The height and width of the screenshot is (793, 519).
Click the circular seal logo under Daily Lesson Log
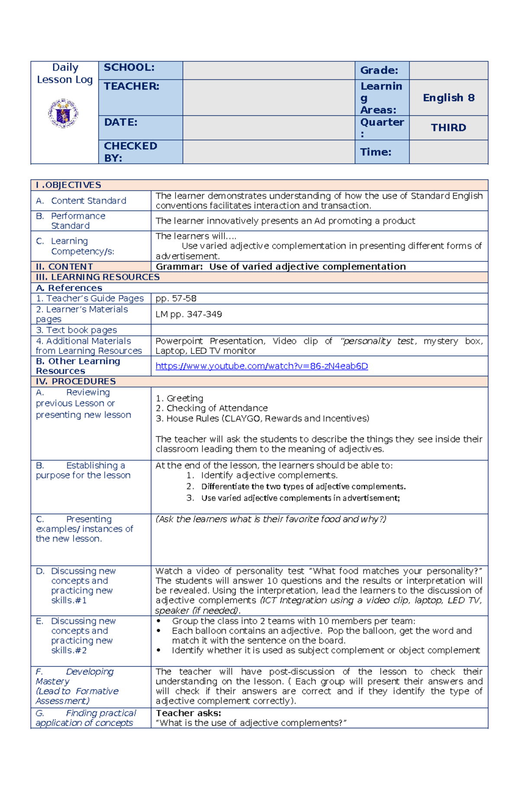pyautogui.click(x=63, y=113)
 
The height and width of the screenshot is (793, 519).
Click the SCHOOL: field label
pyautogui.click(x=129, y=67)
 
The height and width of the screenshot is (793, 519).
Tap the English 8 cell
pyautogui.click(x=449, y=98)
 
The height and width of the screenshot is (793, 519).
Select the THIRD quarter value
pyautogui.click(x=449, y=127)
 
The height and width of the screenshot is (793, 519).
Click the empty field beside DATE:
pyautogui.click(x=269, y=127)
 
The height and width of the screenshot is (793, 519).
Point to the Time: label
pyautogui.click(x=375, y=152)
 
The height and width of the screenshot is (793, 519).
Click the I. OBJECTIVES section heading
pyautogui.click(x=68, y=185)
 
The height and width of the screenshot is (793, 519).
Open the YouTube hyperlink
pyautogui.click(x=262, y=366)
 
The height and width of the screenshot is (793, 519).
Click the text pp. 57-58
pyautogui.click(x=176, y=298)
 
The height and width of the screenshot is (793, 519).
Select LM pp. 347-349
pyautogui.click(x=189, y=314)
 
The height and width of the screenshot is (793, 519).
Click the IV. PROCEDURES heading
pyautogui.click(x=76, y=381)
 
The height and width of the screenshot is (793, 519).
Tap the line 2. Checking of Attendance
pyautogui.click(x=211, y=408)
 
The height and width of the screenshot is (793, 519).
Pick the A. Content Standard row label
pyautogui.click(x=81, y=201)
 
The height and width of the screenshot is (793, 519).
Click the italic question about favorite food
pyautogui.click(x=271, y=519)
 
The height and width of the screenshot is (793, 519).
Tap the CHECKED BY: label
pyautogui.click(x=130, y=152)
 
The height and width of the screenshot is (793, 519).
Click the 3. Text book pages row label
pyautogui.click(x=77, y=330)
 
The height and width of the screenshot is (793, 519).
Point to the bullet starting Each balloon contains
pyautogui.click(x=322, y=635)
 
